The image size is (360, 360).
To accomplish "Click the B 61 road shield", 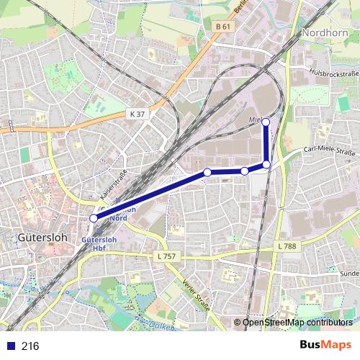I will click(222, 27).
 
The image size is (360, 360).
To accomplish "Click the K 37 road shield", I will click(138, 114).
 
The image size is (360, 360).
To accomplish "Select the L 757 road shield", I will click(166, 256).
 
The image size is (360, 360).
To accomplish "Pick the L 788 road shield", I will click(287, 246).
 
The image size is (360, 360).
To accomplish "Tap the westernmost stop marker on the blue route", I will click(94, 218).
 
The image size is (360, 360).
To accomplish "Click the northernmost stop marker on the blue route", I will click(266, 122).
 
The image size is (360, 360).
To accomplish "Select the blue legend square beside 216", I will click(10, 346).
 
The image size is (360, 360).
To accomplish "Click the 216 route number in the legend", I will click(31, 346).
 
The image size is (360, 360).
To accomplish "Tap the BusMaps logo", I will click(322, 346).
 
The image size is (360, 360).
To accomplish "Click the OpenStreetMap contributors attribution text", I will click(297, 323).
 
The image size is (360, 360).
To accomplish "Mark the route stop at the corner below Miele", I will click(266, 165).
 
